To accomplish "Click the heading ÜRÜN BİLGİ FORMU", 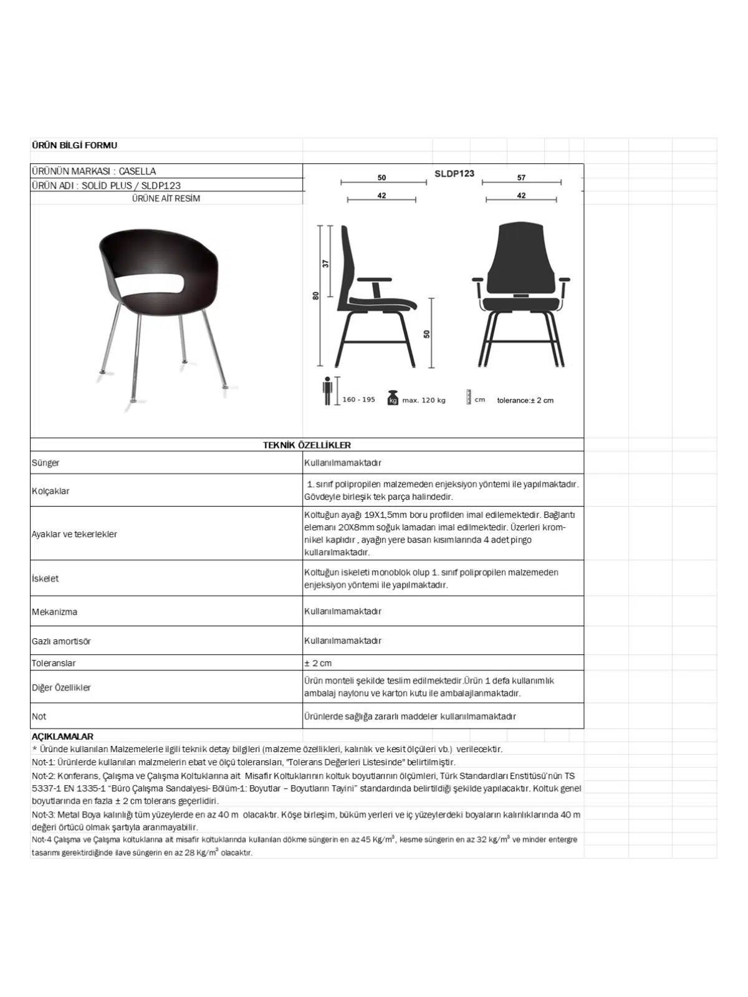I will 74,145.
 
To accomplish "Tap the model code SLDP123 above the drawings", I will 454,173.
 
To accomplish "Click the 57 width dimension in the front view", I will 521,178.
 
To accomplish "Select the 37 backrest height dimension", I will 325,264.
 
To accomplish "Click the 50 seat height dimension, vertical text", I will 427,334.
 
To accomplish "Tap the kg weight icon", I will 393,398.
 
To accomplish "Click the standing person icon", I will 328,391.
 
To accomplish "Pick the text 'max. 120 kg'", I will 424,400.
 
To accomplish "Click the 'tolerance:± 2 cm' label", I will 525,400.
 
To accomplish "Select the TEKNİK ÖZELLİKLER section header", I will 307,445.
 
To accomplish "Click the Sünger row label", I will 46,463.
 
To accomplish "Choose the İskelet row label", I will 45,578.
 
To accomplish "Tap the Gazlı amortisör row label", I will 61,641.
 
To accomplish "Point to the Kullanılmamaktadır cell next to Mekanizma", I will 342,611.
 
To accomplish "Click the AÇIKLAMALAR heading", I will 62,737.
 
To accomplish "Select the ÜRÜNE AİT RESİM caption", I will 166,199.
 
